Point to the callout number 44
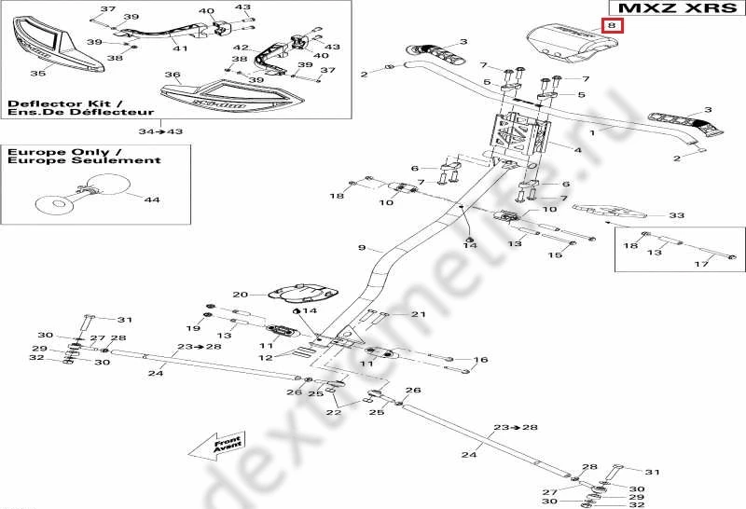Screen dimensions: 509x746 click(151, 199)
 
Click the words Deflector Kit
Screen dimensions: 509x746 click(42, 103)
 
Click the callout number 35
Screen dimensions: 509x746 click(37, 73)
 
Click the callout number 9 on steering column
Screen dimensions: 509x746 click(363, 248)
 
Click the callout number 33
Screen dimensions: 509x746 click(676, 215)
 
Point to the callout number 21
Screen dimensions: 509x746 click(418, 314)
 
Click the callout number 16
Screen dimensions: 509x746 click(481, 360)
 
